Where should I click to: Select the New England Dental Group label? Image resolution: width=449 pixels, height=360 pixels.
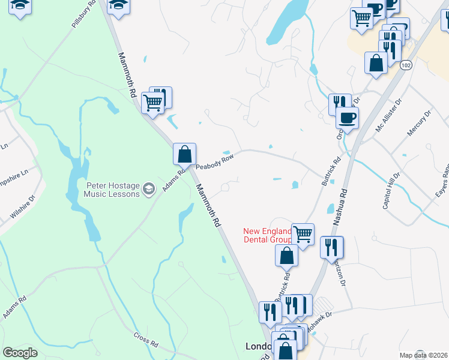(x=267, y=235)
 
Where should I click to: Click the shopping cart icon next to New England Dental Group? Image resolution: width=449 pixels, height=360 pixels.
(x=303, y=233)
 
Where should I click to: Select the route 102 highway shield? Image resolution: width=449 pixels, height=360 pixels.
(x=406, y=65)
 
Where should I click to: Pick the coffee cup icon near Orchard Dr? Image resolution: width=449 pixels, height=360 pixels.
(x=347, y=117)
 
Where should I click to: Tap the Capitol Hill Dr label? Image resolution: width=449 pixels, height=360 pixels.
(x=391, y=190)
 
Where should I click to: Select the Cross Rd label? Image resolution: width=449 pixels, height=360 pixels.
(x=145, y=340)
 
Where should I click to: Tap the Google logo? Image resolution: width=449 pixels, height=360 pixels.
(x=20, y=353)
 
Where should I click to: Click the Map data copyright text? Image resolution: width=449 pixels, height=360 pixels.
(x=424, y=355)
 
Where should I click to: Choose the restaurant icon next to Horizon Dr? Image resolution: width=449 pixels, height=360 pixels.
(x=331, y=247)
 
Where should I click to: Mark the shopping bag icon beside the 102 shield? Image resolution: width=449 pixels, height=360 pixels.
(x=376, y=62)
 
